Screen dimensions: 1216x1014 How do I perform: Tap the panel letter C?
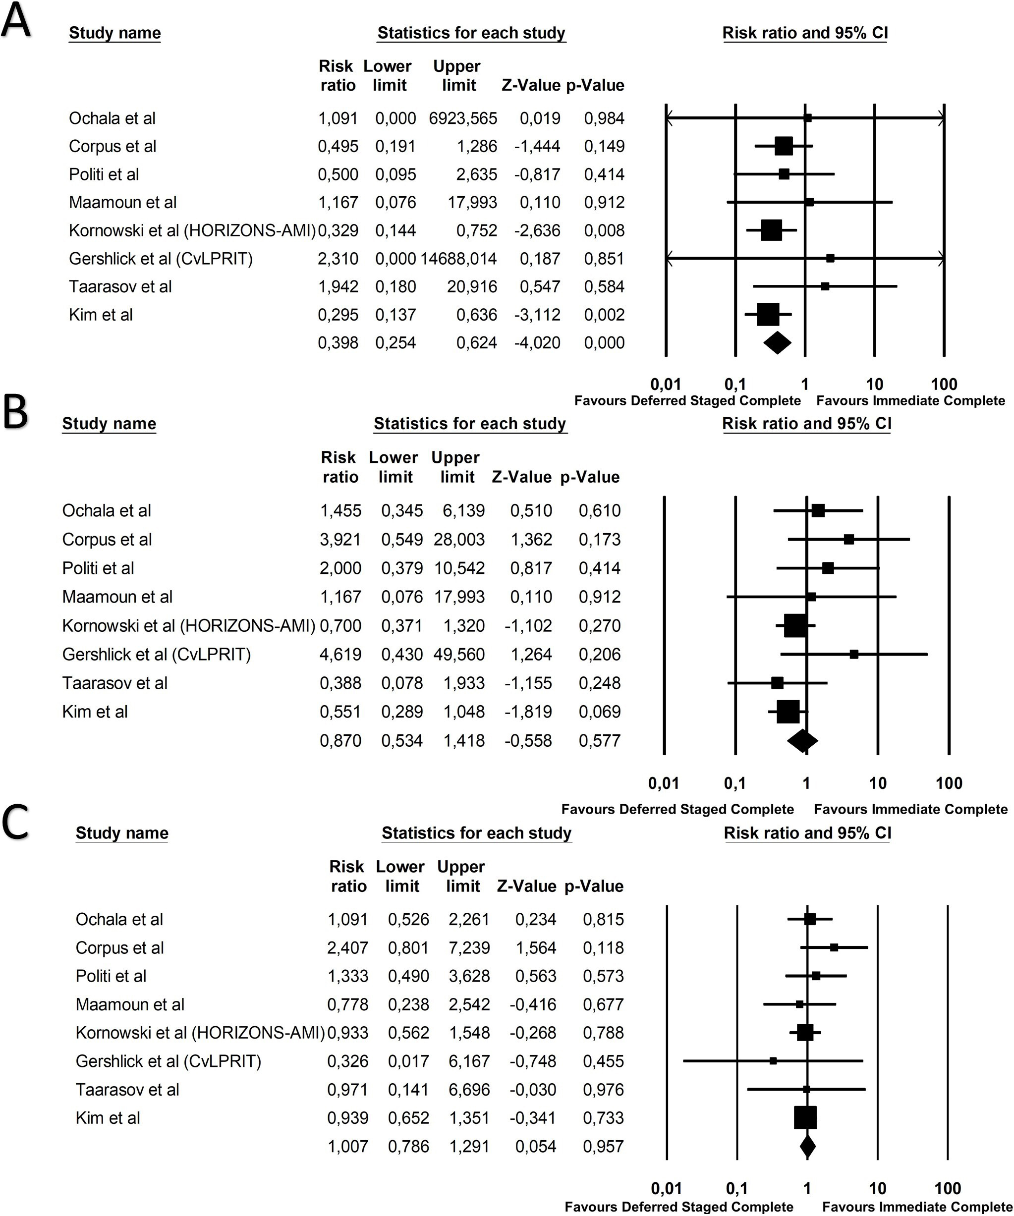click(x=16, y=823)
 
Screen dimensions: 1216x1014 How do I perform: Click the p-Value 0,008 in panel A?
click(x=604, y=231)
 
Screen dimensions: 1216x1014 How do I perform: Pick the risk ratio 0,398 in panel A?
click(x=338, y=343)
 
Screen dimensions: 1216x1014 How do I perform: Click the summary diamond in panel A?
click(x=777, y=343)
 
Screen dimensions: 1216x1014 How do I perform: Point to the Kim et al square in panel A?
click(x=768, y=315)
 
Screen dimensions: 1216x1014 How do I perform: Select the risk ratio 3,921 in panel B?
click(x=340, y=540)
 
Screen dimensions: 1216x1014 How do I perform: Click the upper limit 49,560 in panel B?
click(x=459, y=654)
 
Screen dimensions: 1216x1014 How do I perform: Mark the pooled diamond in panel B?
click(x=803, y=741)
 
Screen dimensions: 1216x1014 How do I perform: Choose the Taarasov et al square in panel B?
click(x=777, y=683)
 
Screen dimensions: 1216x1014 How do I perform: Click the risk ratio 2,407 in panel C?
click(x=347, y=948)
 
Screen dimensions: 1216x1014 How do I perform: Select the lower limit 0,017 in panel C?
click(x=408, y=1061)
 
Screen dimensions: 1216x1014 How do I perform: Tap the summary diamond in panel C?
click(x=807, y=1147)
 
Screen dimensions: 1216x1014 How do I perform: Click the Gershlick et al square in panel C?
click(x=773, y=1061)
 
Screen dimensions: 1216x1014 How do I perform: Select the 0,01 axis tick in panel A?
click(x=666, y=384)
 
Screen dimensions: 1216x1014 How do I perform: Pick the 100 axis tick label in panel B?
click(x=949, y=783)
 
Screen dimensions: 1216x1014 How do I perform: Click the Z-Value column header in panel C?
click(x=526, y=886)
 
